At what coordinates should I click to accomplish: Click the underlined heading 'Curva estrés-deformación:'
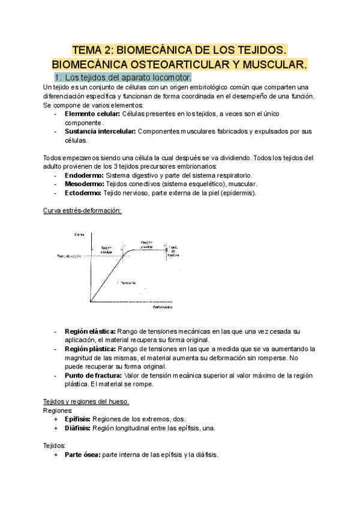click(x=83, y=211)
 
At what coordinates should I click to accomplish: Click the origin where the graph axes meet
click(x=90, y=304)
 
